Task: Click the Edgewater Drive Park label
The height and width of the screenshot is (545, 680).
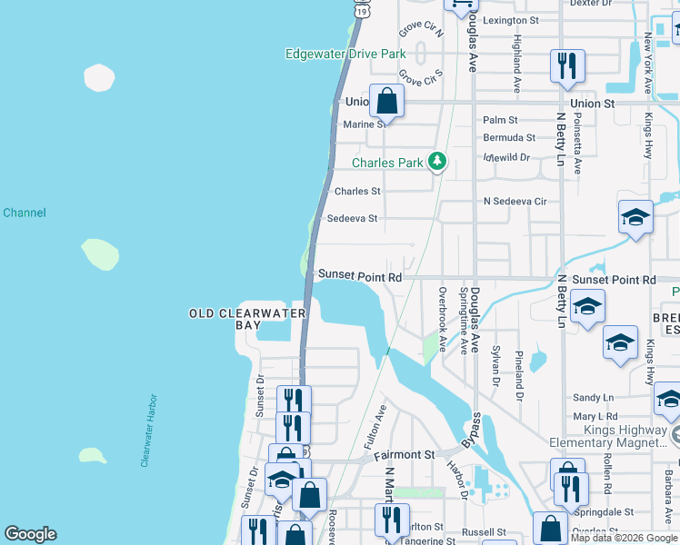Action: (x=345, y=54)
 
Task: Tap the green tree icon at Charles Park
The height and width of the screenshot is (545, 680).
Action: (x=438, y=163)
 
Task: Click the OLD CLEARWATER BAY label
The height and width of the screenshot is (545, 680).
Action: (x=248, y=313)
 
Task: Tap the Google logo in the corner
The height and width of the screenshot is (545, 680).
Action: (x=30, y=534)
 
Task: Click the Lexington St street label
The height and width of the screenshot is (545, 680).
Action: (x=510, y=20)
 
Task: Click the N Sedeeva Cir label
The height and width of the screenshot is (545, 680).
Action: (x=515, y=201)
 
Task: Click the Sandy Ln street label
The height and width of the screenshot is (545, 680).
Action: (x=594, y=398)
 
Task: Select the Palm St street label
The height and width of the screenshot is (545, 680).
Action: (x=500, y=120)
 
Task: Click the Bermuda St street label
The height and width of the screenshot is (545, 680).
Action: (x=509, y=138)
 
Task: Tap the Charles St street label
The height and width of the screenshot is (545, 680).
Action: (x=357, y=192)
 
